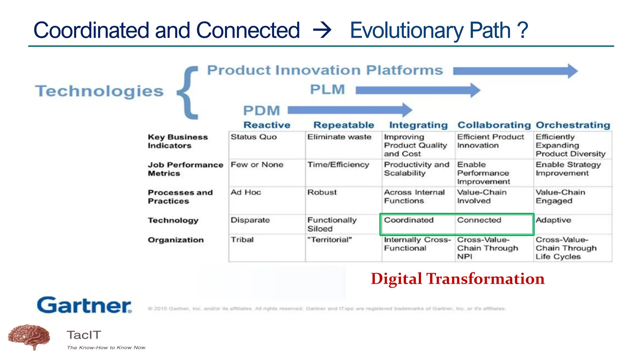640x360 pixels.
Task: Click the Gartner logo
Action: (x=84, y=305)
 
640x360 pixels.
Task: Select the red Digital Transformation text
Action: (x=457, y=279)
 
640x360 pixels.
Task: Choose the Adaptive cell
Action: (x=553, y=220)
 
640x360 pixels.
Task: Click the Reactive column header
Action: (x=267, y=125)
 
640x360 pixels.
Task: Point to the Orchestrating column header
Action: (x=573, y=125)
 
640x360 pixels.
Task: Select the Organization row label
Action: (x=176, y=240)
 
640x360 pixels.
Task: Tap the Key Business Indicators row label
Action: (x=177, y=141)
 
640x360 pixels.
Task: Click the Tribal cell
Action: (x=242, y=240)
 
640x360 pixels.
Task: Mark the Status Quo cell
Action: (x=253, y=137)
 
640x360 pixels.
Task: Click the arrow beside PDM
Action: (x=349, y=110)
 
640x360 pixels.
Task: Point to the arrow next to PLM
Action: (x=417, y=90)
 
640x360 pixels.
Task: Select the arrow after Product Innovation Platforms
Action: (x=515, y=71)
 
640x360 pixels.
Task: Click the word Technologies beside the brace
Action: (x=99, y=91)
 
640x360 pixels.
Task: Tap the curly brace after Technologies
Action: (x=188, y=93)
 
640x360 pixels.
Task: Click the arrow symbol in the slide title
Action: (x=322, y=30)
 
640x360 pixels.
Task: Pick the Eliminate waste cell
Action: (x=339, y=137)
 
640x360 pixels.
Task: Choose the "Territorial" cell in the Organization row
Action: (x=329, y=240)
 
